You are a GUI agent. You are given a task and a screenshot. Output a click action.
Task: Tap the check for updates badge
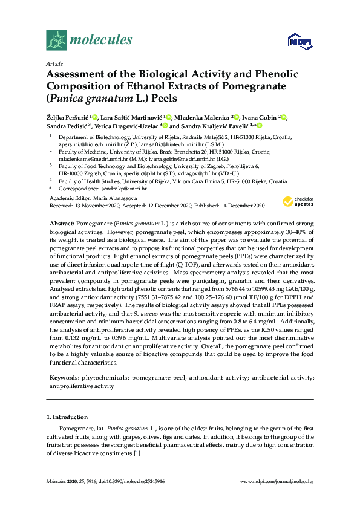pyautogui.click(x=298, y=201)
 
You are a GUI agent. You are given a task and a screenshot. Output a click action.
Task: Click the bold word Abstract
pyautogui.click(x=61, y=224)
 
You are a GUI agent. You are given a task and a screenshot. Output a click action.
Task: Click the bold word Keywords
pyautogui.click(x=65, y=377)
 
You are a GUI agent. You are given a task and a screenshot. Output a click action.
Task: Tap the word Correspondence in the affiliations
pyautogui.click(x=79, y=189)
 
